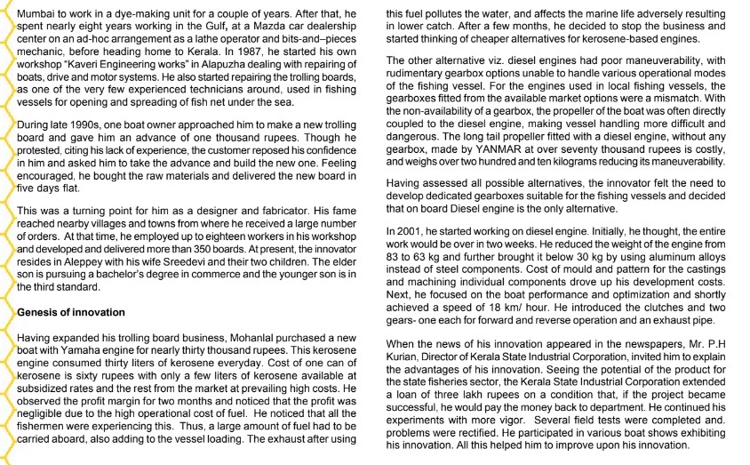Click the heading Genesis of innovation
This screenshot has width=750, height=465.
[x=71, y=313]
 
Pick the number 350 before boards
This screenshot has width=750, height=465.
[x=211, y=250]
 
